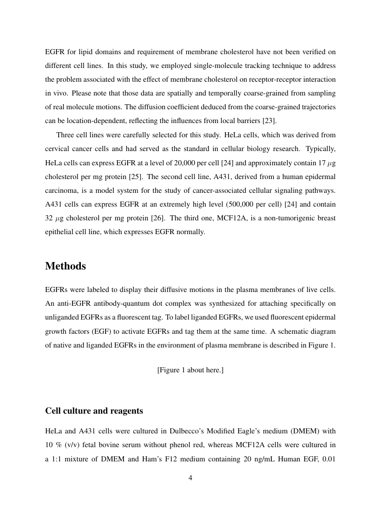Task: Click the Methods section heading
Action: pos(65,266)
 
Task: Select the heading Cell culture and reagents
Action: pos(94,411)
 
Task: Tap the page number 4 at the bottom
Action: pos(190,478)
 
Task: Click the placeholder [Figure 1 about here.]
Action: pos(190,370)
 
